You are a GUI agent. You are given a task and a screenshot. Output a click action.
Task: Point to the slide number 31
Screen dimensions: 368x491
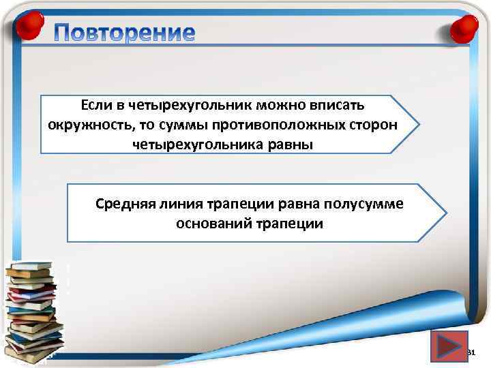471,352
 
